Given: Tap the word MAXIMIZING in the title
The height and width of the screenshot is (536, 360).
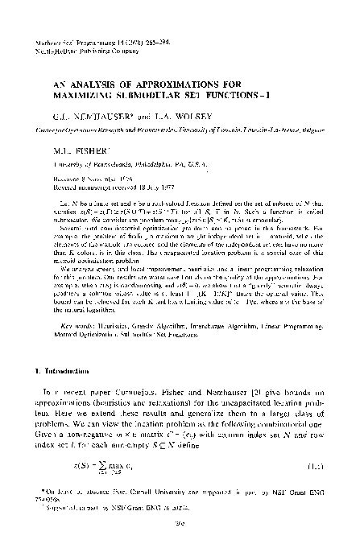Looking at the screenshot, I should click(85, 94).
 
